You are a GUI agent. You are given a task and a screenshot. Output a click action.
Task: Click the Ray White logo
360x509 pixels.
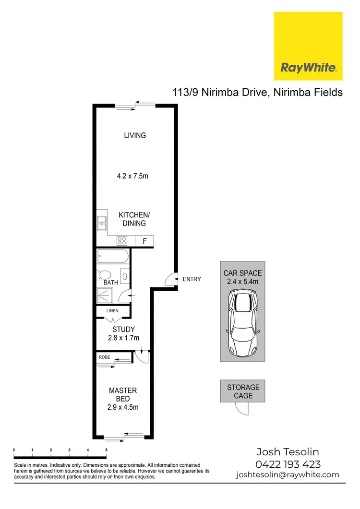coord(308,46)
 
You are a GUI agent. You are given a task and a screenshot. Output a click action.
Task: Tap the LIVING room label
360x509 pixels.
coord(135,135)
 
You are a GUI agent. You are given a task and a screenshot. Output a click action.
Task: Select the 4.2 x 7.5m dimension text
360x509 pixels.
coord(132,176)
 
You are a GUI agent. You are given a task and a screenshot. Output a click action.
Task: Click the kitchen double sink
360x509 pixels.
coord(102,224)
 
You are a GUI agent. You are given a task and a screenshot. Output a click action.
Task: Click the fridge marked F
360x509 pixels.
coord(144,241)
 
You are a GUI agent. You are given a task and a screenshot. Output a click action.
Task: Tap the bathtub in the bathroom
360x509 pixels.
coord(113,256)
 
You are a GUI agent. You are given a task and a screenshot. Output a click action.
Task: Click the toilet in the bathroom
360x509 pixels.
coord(104,275)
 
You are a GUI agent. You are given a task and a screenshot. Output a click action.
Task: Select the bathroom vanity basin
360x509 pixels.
coord(125,276)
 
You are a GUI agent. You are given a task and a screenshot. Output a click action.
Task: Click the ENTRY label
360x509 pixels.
coord(192,279)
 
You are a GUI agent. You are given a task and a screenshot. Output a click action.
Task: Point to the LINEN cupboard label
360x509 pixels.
coord(112,311)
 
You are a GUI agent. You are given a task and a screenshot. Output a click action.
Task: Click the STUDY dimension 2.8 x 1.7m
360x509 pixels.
coord(123,338)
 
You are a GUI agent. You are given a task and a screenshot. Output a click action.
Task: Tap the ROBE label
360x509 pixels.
coord(104,357)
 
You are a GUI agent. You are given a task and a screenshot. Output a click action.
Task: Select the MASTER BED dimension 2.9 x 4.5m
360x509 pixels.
coord(123,408)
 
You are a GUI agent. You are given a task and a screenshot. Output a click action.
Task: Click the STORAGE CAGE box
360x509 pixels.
coord(243,391)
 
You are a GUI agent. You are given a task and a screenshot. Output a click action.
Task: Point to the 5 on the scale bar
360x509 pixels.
coord(106,450)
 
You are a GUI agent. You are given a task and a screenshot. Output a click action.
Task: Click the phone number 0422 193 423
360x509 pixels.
coord(288,464)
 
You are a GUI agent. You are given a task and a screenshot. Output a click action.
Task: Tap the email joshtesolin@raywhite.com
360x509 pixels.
coord(288,475)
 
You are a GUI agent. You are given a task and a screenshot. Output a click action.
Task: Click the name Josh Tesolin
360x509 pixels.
coord(288,452)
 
